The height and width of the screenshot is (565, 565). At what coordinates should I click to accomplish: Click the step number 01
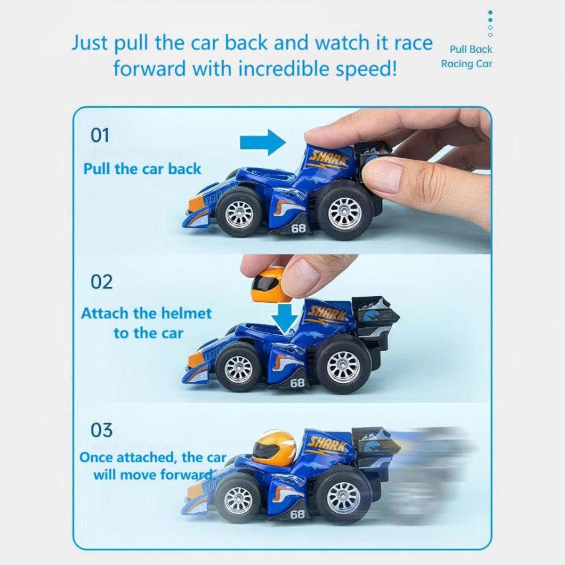point(100,136)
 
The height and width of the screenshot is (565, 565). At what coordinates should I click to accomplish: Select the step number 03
point(101,430)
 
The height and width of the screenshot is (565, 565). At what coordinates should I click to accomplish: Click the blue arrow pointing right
point(263,143)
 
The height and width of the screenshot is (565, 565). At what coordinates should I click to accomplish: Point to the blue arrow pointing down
point(285,319)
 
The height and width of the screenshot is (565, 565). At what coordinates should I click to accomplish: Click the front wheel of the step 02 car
point(238,367)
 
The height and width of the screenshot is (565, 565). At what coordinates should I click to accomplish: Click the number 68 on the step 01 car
point(298,228)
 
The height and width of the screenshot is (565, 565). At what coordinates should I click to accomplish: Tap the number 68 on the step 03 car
point(297,514)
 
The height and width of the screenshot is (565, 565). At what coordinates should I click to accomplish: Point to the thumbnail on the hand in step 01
point(381,176)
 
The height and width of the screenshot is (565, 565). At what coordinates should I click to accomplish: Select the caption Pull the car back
point(142,169)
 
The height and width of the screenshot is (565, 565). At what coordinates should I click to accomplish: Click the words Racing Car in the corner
point(467,64)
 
